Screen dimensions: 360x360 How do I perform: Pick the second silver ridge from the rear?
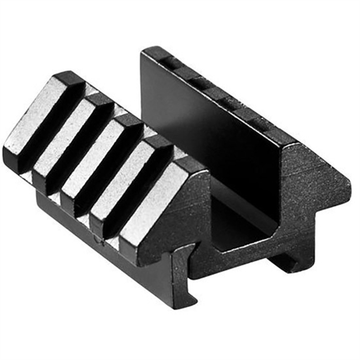click(66, 132)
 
